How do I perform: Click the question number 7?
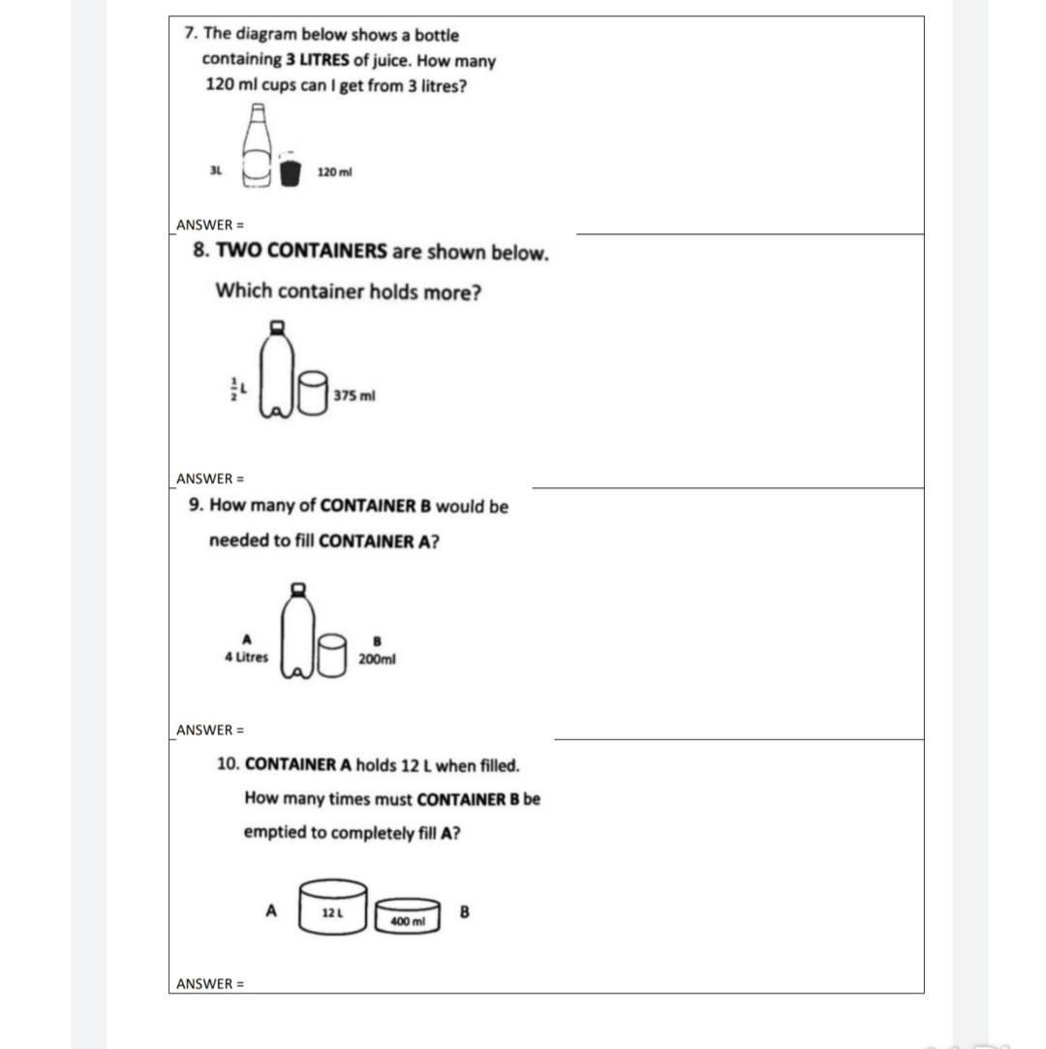click(190, 34)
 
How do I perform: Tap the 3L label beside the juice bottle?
click(216, 170)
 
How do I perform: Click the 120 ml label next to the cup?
click(335, 171)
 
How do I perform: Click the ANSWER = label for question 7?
click(210, 226)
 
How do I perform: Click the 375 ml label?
click(354, 395)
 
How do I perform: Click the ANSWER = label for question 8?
click(210, 478)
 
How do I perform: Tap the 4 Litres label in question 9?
click(246, 657)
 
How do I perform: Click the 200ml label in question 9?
click(377, 658)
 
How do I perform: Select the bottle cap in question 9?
click(298, 588)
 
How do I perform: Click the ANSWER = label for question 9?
click(210, 730)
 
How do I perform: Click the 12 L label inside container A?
click(331, 913)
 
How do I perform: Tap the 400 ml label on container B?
click(408, 921)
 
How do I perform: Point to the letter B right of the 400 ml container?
click(464, 911)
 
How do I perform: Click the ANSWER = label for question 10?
click(210, 984)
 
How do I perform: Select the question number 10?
click(229, 764)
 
